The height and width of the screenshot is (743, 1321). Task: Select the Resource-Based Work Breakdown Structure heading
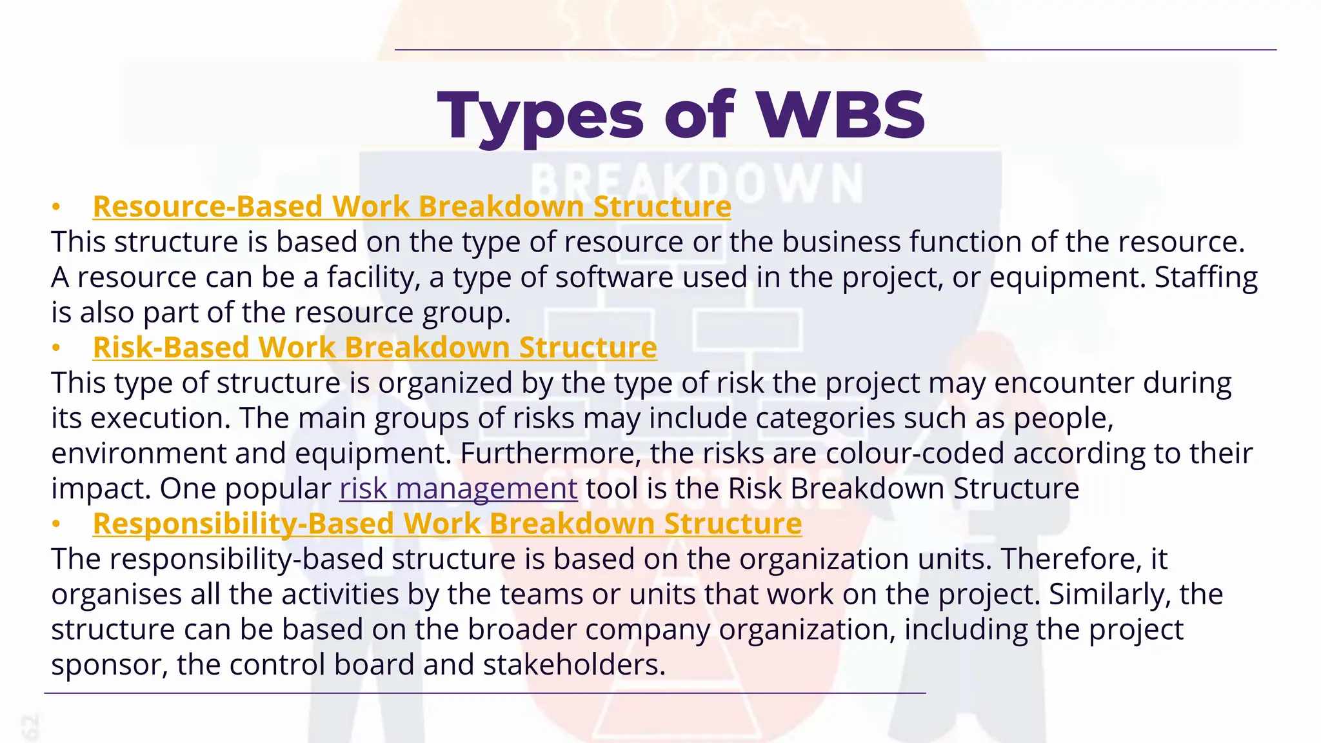click(412, 207)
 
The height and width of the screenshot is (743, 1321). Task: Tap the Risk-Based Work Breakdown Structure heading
click(375, 348)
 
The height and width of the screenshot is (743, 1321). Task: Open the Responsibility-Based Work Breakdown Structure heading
click(447, 524)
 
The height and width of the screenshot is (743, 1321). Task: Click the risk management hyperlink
click(458, 489)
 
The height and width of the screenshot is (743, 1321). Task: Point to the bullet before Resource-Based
click(56, 207)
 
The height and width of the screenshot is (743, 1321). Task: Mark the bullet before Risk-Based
click(56, 348)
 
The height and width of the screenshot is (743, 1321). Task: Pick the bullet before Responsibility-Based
click(56, 524)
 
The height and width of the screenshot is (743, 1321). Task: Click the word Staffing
click(1206, 277)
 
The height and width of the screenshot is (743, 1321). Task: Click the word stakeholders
click(573, 665)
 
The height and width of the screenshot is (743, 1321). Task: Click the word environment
click(138, 453)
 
